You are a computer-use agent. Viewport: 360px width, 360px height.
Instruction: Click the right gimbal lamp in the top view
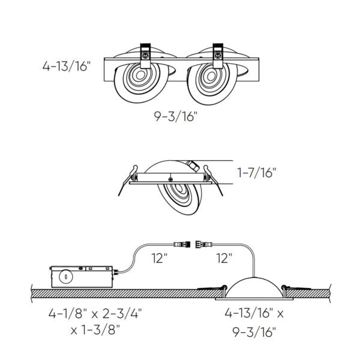[x=210, y=80]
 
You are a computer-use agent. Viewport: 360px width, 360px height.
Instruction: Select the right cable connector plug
[x=209, y=244]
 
